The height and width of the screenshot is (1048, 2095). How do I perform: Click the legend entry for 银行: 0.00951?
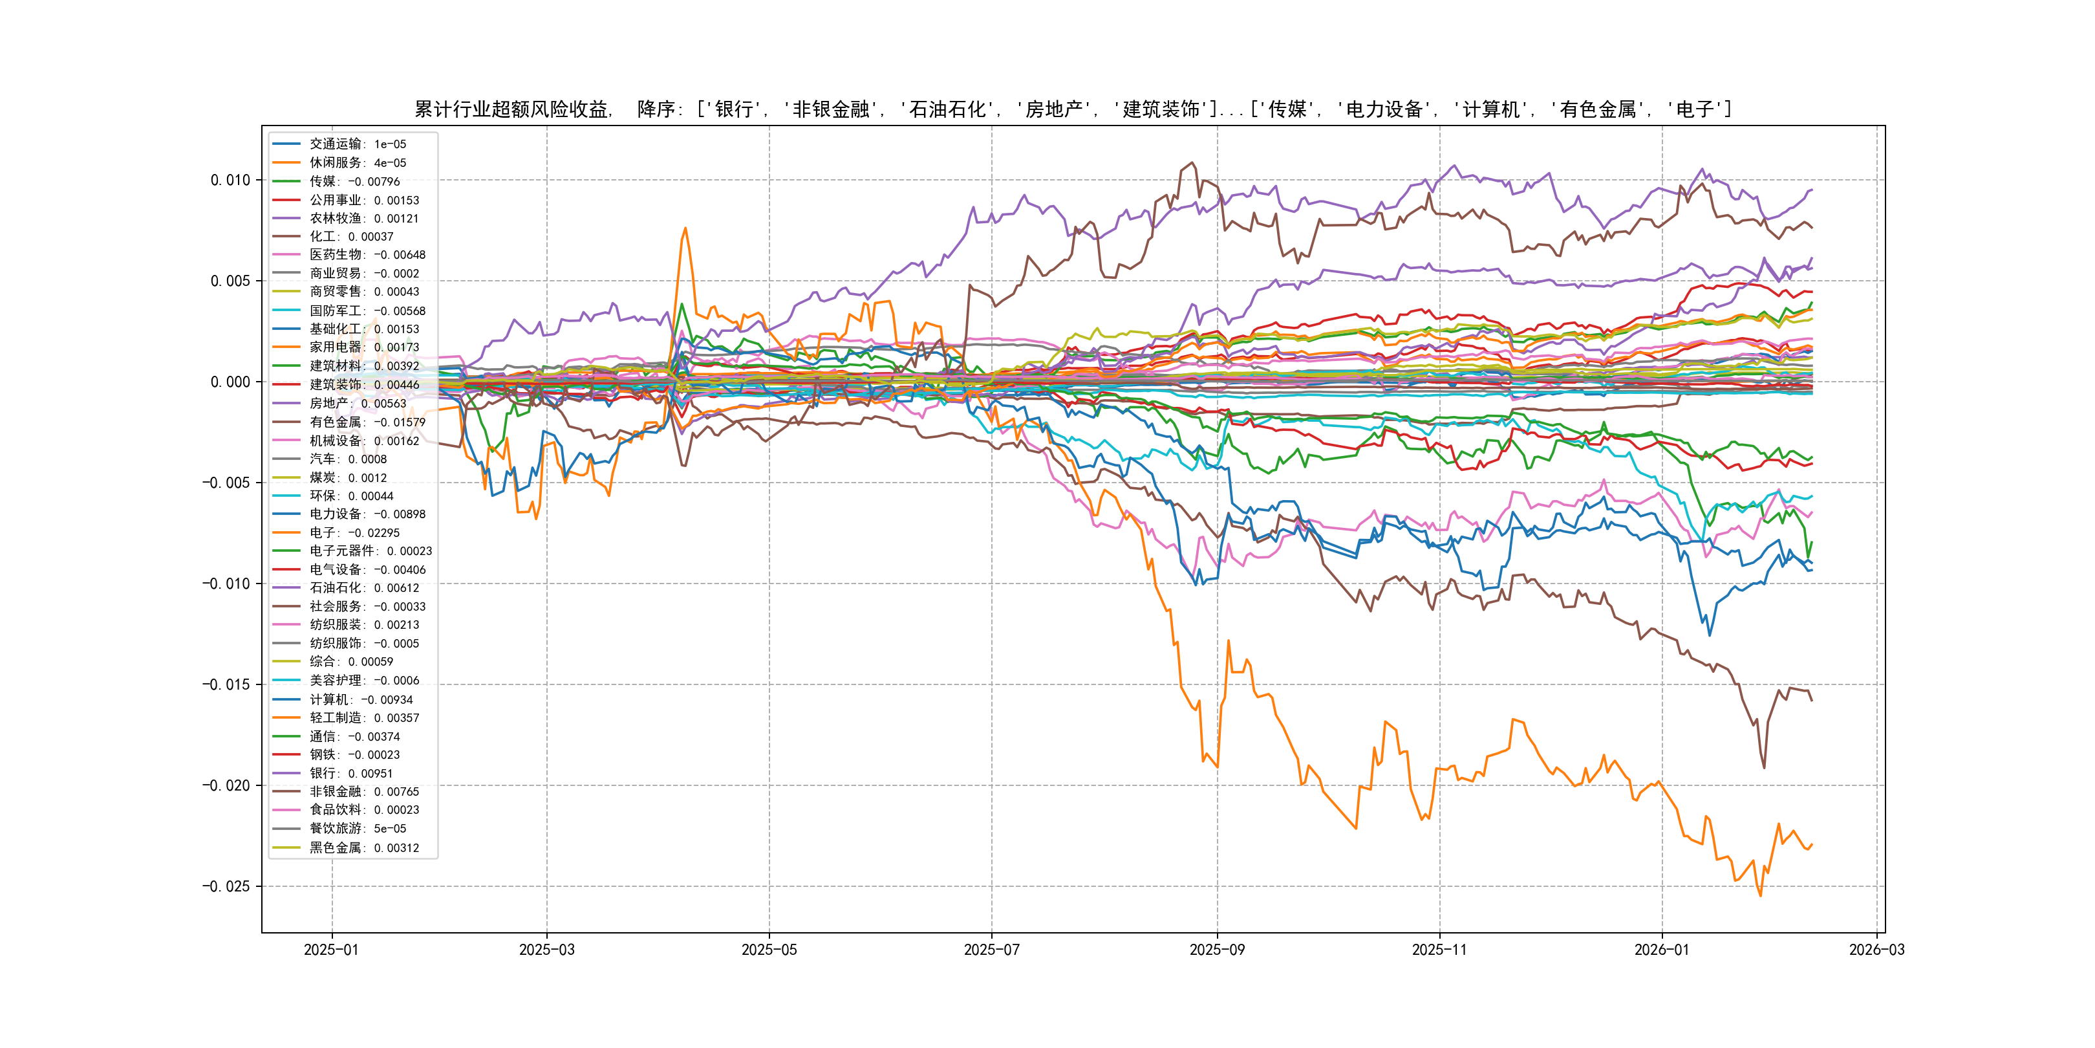[x=350, y=774]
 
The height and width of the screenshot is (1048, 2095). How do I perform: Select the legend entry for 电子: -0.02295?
[x=354, y=533]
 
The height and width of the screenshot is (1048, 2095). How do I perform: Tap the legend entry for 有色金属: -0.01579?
[x=367, y=422]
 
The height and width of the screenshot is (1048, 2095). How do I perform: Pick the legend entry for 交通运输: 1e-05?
[x=357, y=144]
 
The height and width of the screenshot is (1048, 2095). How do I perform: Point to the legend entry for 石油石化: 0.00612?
[x=363, y=588]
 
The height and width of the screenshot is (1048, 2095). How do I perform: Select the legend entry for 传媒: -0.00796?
[x=354, y=181]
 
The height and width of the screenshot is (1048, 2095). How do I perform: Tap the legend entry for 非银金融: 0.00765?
[x=363, y=792]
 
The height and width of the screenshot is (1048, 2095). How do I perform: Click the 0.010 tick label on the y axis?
[x=230, y=180]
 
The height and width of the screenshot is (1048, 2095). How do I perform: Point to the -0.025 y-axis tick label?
[x=226, y=886]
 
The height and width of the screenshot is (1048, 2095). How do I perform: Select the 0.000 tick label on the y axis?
[x=230, y=382]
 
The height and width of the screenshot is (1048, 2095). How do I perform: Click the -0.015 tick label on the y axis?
[x=226, y=684]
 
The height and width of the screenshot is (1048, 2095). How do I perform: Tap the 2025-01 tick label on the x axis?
[x=331, y=950]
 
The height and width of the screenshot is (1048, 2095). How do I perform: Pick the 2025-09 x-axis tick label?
[x=1217, y=950]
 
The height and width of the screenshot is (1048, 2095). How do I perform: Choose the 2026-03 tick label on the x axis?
[x=1876, y=950]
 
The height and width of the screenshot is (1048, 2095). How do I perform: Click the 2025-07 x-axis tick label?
[x=991, y=950]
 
